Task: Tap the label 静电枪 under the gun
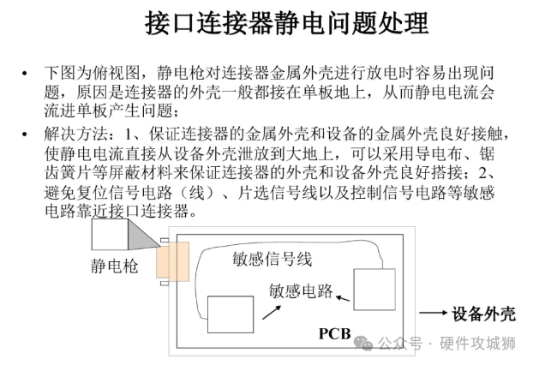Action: (x=114, y=266)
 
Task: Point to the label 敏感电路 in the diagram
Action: (x=300, y=290)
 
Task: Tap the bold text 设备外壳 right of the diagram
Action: (x=484, y=314)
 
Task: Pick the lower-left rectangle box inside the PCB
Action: (x=231, y=314)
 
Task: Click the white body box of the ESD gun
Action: (x=110, y=234)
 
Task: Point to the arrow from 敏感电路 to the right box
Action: (x=343, y=298)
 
